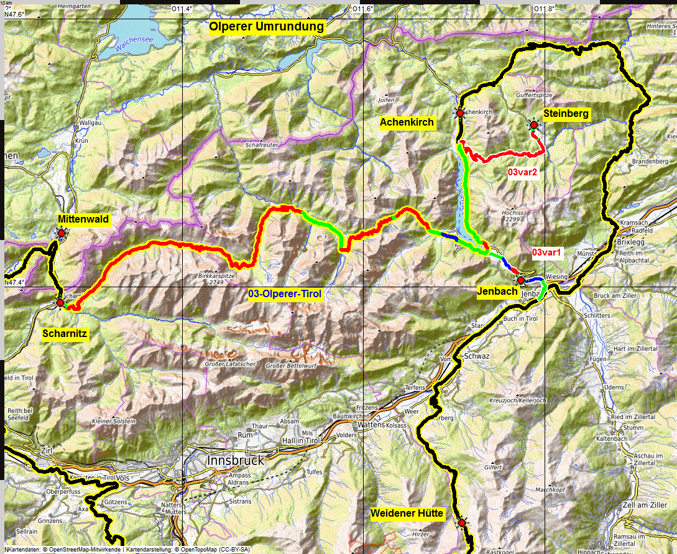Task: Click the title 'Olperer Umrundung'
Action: (x=266, y=27)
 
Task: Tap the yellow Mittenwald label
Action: (x=83, y=219)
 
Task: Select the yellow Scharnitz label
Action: (x=65, y=334)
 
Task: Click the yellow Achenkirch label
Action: (x=407, y=123)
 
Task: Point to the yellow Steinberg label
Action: (x=566, y=113)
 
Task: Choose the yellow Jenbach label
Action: (x=497, y=292)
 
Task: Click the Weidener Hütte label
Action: (x=407, y=514)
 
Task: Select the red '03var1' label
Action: (x=547, y=253)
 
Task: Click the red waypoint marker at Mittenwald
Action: (x=62, y=233)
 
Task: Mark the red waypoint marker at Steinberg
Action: (x=533, y=125)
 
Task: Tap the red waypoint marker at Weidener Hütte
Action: (x=461, y=524)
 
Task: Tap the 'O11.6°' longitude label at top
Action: (x=363, y=9)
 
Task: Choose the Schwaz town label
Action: (x=477, y=356)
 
